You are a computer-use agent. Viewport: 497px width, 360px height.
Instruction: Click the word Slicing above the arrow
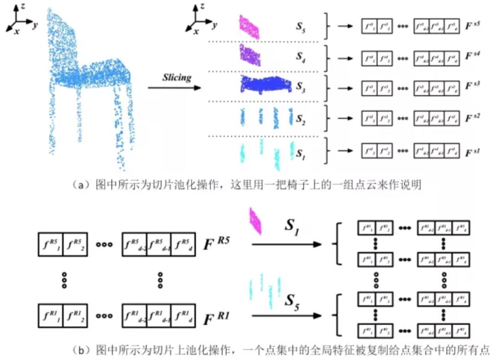[177, 77]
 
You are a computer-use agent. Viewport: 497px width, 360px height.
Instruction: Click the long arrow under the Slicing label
[174, 87]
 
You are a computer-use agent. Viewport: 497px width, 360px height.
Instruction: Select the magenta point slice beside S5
[249, 26]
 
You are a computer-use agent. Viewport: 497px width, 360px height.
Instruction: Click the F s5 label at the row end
[472, 26]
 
